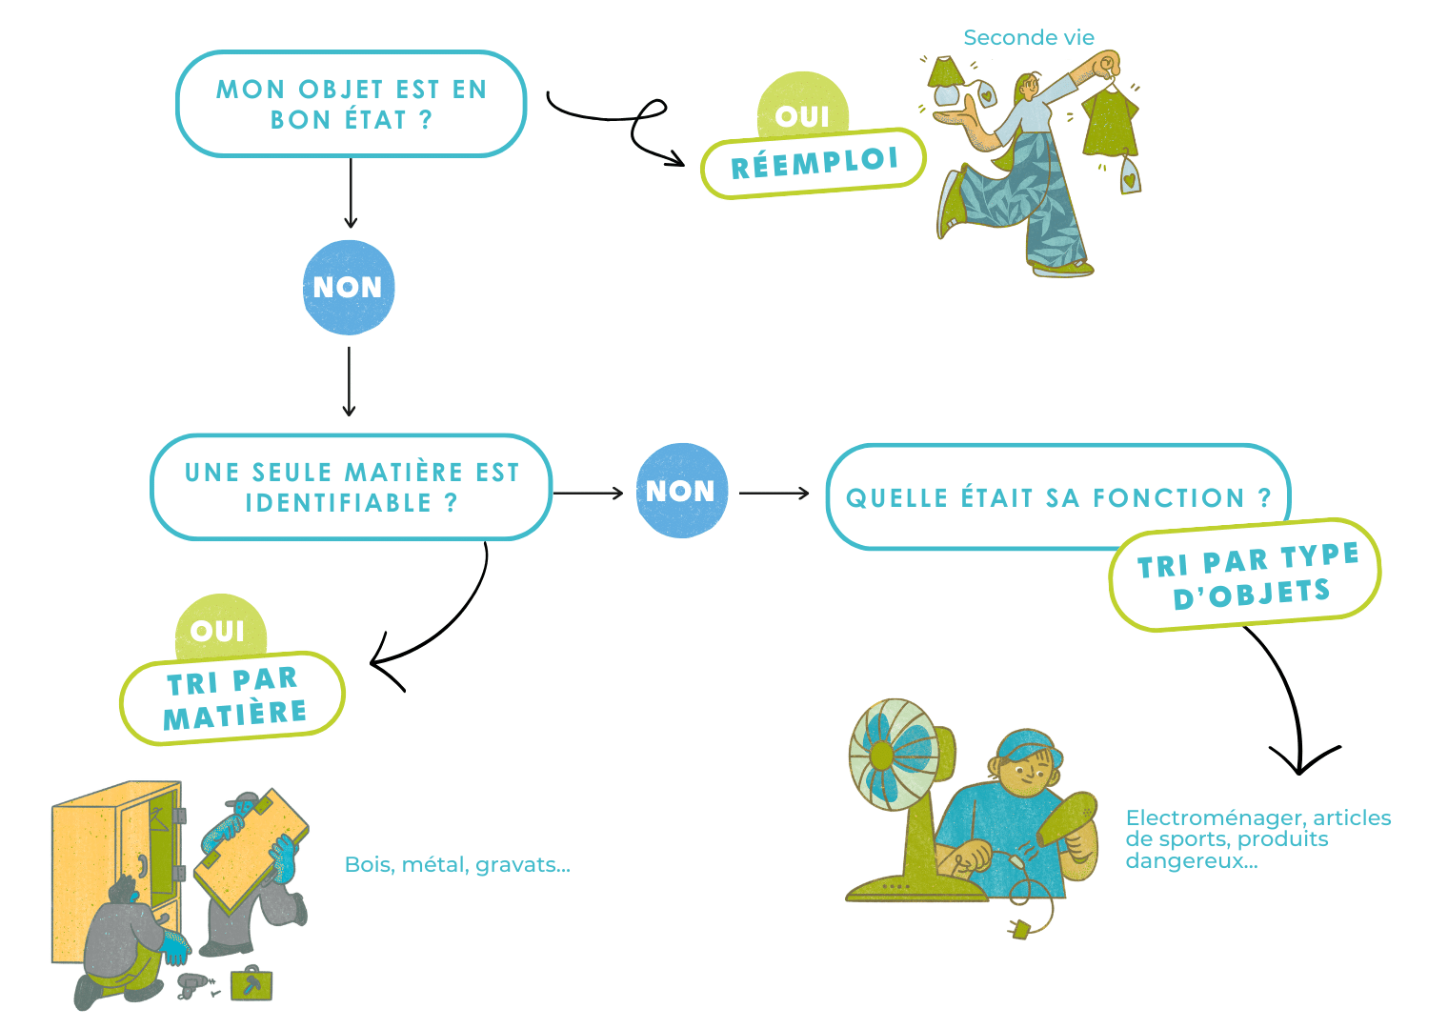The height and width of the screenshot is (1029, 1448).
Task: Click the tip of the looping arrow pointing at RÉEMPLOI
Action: pyautogui.click(x=685, y=165)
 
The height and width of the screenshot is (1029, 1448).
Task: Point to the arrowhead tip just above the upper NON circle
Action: pyautogui.click(x=351, y=228)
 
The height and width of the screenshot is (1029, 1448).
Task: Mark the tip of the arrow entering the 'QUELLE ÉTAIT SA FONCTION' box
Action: pyautogui.click(x=809, y=494)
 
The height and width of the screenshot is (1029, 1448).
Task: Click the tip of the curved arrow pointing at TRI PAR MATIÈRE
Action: pyautogui.click(x=372, y=662)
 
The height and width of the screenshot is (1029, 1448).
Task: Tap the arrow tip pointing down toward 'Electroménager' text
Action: pyautogui.click(x=1299, y=774)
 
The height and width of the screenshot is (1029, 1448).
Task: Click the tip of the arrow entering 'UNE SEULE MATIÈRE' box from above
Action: pyautogui.click(x=349, y=415)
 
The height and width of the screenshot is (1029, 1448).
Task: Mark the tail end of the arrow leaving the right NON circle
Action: pyautogui.click(x=739, y=494)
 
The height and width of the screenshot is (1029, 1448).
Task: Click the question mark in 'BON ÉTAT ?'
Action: pyautogui.click(x=425, y=120)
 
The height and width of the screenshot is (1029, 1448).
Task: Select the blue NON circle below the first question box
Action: pyautogui.click(x=349, y=288)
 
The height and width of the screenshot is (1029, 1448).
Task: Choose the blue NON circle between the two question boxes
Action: pyautogui.click(x=681, y=492)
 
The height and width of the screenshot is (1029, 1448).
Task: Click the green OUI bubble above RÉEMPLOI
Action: pyautogui.click(x=802, y=107)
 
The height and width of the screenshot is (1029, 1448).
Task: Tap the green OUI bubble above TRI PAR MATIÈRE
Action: pyautogui.click(x=220, y=627)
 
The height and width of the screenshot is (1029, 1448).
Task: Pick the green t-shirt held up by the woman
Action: pyautogui.click(x=1111, y=121)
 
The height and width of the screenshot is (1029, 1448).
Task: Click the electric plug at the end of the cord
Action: pyautogui.click(x=1018, y=930)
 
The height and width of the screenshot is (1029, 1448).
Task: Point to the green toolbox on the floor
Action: pyautogui.click(x=251, y=984)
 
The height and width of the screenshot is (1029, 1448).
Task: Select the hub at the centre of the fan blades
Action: pyautogui.click(x=881, y=755)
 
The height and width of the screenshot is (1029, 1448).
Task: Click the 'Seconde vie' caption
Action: pyautogui.click(x=1029, y=38)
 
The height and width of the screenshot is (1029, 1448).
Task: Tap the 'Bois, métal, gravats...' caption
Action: pyautogui.click(x=457, y=865)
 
